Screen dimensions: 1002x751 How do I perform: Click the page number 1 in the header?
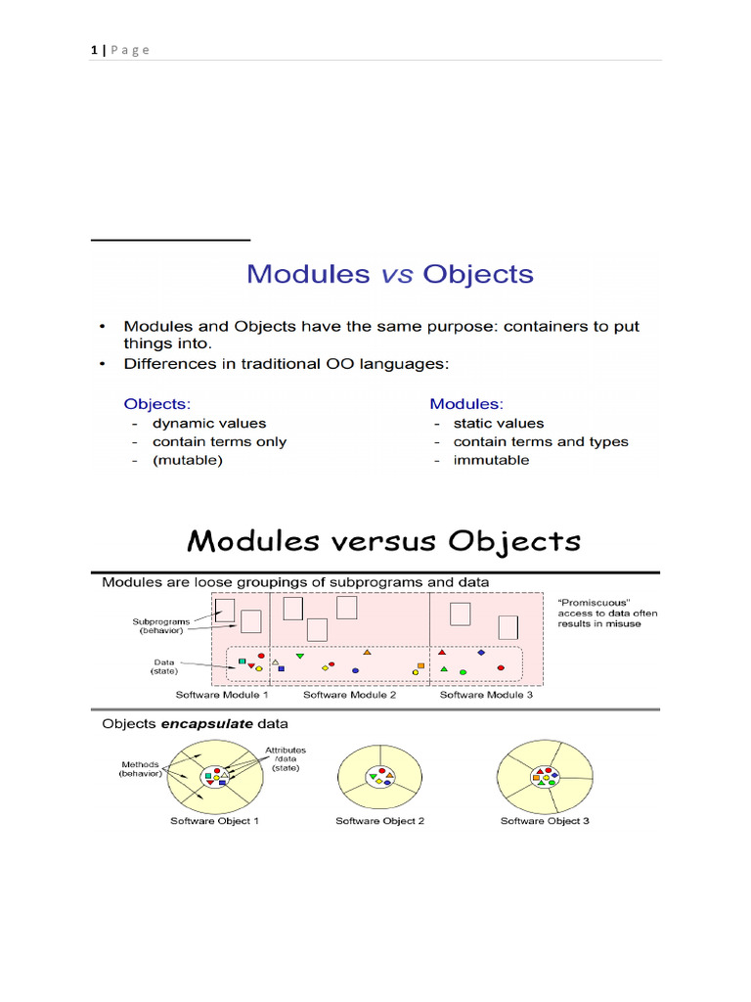pos(92,50)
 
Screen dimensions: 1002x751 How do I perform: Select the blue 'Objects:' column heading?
pos(156,403)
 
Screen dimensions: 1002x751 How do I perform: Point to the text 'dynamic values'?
pos(208,424)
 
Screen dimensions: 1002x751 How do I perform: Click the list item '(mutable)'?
pos(187,460)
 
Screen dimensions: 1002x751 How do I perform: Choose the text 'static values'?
pos(498,424)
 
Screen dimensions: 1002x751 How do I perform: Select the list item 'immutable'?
pos(491,460)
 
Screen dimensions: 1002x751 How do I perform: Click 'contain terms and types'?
pos(540,441)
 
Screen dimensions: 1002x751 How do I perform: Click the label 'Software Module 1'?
pos(222,695)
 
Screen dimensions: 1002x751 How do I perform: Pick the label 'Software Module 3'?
pos(486,695)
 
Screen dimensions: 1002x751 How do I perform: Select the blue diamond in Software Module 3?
pos(481,652)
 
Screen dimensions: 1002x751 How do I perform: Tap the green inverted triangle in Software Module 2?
pos(299,656)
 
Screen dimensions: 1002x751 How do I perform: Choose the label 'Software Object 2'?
pos(379,821)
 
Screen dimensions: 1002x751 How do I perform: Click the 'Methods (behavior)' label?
pos(142,769)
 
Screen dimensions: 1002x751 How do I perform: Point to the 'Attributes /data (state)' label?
pos(286,759)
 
